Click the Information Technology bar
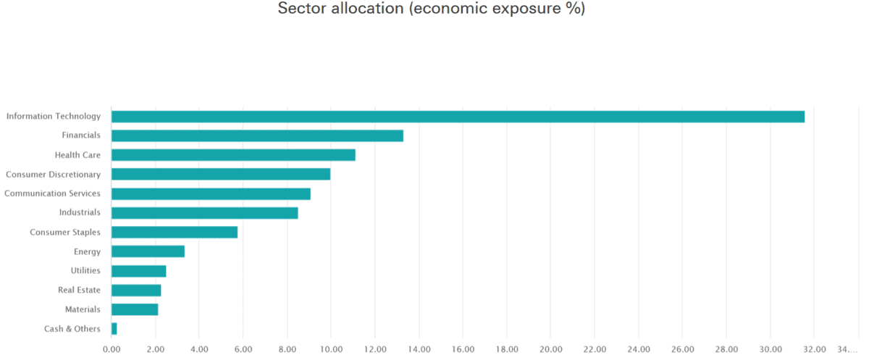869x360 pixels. tap(458, 117)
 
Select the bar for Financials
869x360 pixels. tap(257, 135)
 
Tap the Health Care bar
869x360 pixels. tap(233, 155)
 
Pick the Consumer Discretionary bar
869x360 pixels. tap(221, 175)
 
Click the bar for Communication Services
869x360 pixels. tap(211, 193)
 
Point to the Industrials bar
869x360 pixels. tap(204, 213)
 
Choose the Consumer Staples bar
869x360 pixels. tap(175, 233)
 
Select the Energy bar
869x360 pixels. tap(148, 251)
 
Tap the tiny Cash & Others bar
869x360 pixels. tap(114, 329)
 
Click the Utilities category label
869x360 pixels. tap(85, 271)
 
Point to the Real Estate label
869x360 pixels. tap(79, 290)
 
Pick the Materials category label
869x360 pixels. tap(83, 309)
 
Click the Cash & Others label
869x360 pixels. tap(72, 329)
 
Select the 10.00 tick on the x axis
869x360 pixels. tap(331, 348)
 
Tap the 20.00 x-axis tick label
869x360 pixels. tap(550, 348)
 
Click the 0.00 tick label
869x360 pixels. tap(112, 348)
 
